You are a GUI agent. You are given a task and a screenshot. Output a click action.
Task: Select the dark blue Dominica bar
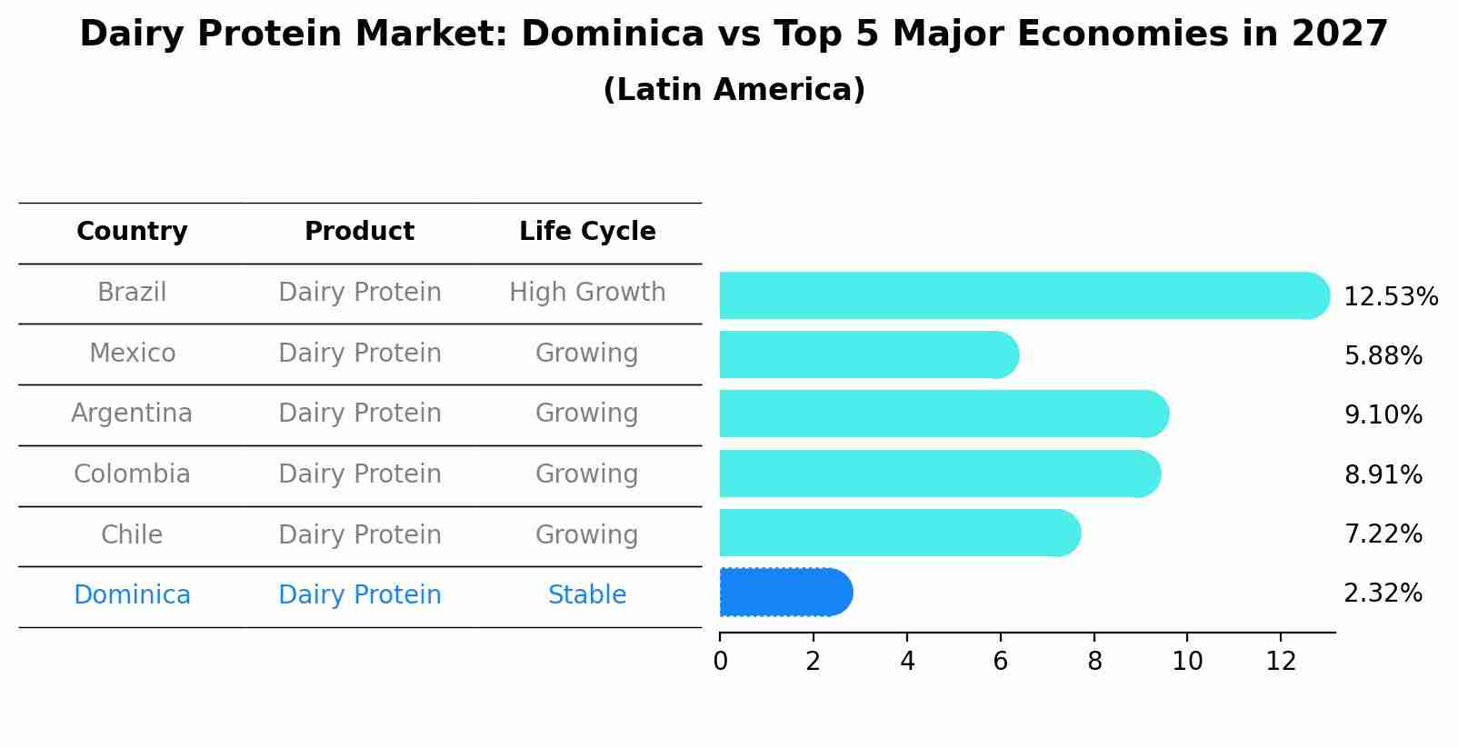pyautogui.click(x=784, y=593)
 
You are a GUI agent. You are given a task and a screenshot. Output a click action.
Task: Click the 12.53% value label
pyautogui.click(x=1390, y=297)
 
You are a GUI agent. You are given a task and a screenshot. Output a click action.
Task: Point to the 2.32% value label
pyautogui.click(x=1383, y=593)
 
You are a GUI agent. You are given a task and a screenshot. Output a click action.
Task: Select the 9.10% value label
pyautogui.click(x=1383, y=415)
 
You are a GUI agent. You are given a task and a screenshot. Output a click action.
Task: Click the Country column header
pyautogui.click(x=132, y=232)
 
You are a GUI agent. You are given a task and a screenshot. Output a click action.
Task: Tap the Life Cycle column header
pyautogui.click(x=587, y=232)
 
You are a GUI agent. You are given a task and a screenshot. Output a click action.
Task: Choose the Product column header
pyautogui.click(x=359, y=232)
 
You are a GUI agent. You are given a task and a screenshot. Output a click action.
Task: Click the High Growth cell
pyautogui.click(x=587, y=293)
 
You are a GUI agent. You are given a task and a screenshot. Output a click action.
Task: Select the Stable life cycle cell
pyautogui.click(x=587, y=595)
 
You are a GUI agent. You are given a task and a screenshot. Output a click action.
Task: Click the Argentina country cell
pyautogui.click(x=132, y=414)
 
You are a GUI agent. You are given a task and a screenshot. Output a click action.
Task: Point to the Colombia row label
pyautogui.click(x=132, y=474)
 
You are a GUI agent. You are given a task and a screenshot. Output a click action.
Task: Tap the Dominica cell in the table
pyautogui.click(x=132, y=595)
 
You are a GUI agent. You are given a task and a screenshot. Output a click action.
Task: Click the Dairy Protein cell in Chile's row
pyautogui.click(x=359, y=534)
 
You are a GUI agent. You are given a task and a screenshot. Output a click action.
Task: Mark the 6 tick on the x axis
pyautogui.click(x=1000, y=661)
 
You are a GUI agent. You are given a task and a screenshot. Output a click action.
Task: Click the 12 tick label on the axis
pyautogui.click(x=1281, y=661)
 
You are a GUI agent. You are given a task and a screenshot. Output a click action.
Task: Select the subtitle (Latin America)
pyautogui.click(x=734, y=90)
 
